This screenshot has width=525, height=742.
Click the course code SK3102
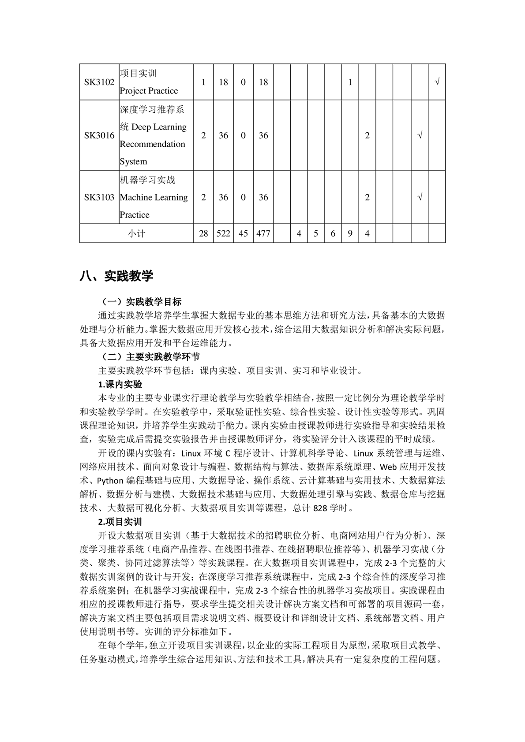click(x=99, y=82)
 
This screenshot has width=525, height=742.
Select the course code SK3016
click(x=99, y=136)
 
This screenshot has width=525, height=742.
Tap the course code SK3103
click(x=99, y=197)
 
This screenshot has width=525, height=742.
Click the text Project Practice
click(x=149, y=91)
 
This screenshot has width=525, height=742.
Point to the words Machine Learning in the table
click(x=154, y=197)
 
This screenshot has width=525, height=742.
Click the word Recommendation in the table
click(x=152, y=145)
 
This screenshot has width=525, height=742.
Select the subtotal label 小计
click(x=136, y=234)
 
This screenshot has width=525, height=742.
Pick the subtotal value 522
click(x=223, y=234)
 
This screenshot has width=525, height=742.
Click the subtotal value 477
click(x=263, y=234)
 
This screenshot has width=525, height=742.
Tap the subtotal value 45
click(x=243, y=234)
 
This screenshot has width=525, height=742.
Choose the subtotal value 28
click(x=203, y=234)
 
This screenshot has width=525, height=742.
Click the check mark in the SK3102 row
click(x=437, y=82)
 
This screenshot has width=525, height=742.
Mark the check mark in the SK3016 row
click(x=420, y=136)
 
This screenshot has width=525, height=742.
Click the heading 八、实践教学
click(x=116, y=276)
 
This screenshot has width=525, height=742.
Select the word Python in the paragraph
click(x=110, y=481)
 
